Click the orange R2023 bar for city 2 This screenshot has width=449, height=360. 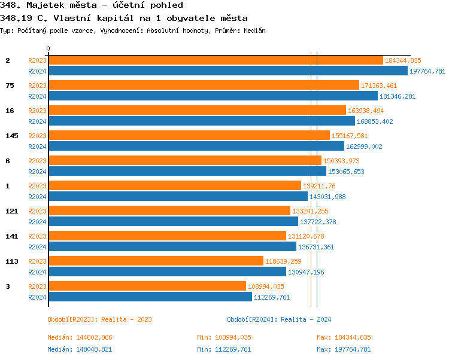216,60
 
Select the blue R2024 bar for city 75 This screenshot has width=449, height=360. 213,96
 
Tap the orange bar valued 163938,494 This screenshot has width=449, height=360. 197,110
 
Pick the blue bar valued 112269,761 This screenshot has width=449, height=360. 150,297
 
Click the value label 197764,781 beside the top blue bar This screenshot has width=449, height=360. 427,71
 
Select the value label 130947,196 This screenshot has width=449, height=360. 306,272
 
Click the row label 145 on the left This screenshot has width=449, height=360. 12,136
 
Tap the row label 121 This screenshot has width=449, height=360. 12,211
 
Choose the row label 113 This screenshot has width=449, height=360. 12,261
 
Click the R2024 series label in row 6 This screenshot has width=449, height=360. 37,172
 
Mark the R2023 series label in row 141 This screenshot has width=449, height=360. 37,236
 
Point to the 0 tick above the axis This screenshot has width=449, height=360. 48,49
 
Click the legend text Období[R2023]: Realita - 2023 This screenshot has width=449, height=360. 99,319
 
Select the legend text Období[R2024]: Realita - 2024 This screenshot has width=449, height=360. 279,319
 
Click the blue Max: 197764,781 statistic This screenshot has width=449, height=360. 344,349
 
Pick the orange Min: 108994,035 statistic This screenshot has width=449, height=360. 224,338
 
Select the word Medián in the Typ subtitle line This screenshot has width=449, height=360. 255,30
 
